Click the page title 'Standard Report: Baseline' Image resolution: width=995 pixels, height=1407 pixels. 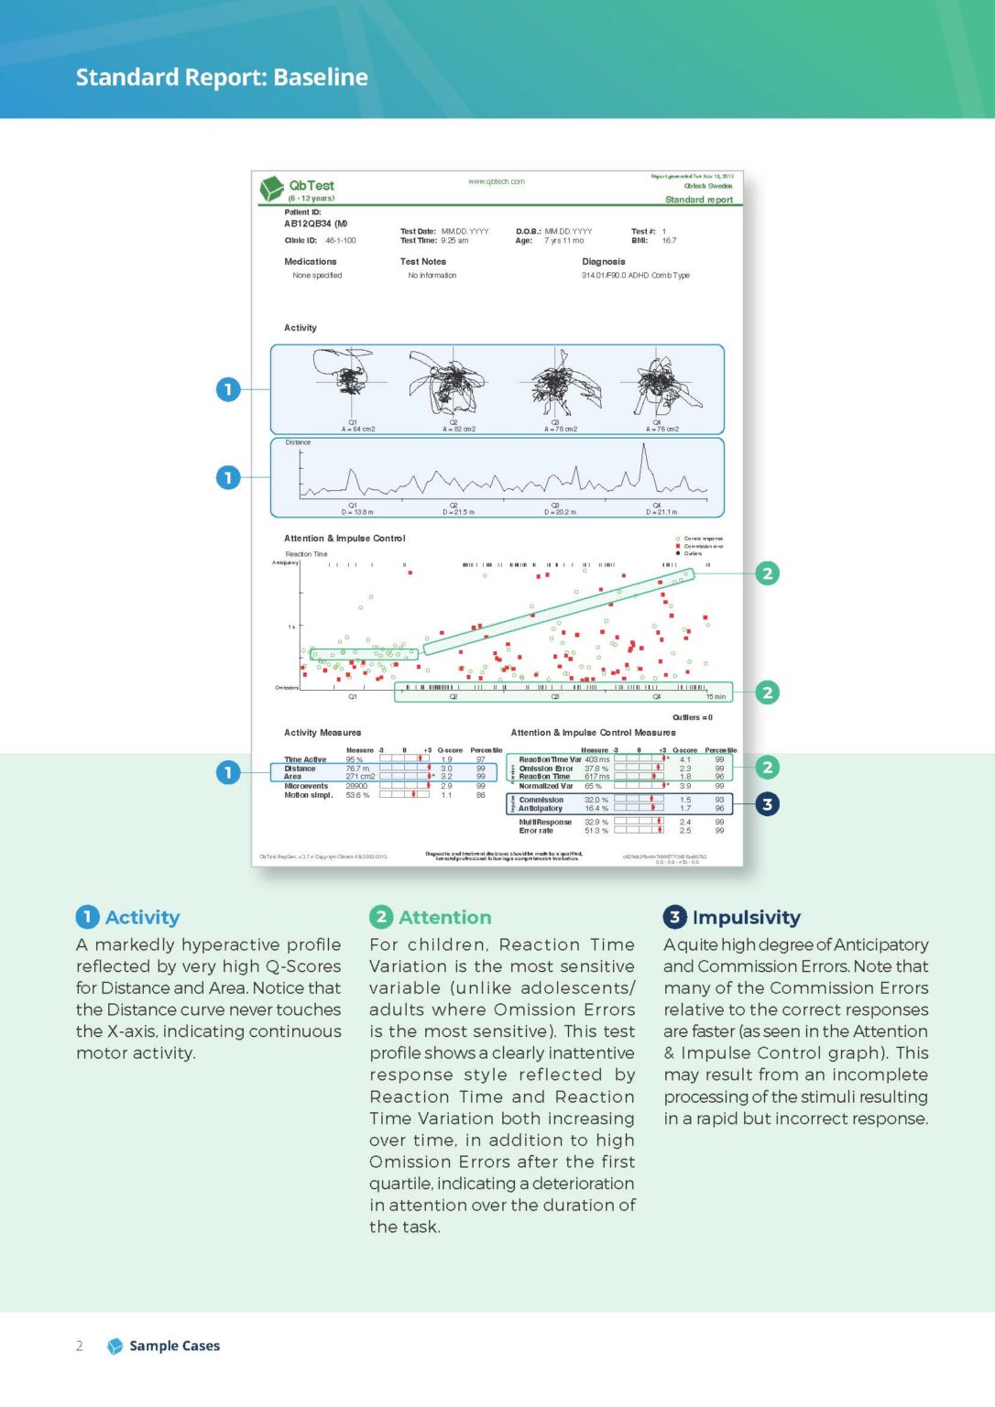pyautogui.click(x=222, y=77)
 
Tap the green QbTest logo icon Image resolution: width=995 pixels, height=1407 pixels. pyautogui.click(x=271, y=189)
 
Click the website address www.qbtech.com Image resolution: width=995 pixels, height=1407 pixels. pyautogui.click(x=496, y=181)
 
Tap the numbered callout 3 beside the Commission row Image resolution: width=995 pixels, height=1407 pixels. pyautogui.click(x=767, y=804)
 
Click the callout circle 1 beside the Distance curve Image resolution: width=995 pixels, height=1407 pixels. pyautogui.click(x=228, y=477)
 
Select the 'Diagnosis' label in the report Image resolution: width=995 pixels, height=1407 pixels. pyautogui.click(x=603, y=262)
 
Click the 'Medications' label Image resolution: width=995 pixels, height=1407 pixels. pyautogui.click(x=310, y=262)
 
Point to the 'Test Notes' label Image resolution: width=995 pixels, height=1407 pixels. pyautogui.click(x=422, y=262)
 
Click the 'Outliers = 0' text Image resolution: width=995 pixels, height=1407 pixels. pyautogui.click(x=692, y=717)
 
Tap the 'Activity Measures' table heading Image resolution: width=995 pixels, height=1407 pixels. pyautogui.click(x=323, y=733)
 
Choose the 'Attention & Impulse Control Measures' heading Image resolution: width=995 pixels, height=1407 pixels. pyautogui.click(x=593, y=733)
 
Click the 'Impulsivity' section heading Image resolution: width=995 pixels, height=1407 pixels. pyautogui.click(x=746, y=917)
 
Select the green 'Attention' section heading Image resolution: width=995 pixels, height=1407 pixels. pyautogui.click(x=444, y=917)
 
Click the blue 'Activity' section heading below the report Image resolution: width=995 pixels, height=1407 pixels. pyautogui.click(x=142, y=917)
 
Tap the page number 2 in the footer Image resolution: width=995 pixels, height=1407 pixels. pyautogui.click(x=80, y=1346)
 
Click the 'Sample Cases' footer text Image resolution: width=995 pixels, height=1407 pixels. pyautogui.click(x=174, y=1346)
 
